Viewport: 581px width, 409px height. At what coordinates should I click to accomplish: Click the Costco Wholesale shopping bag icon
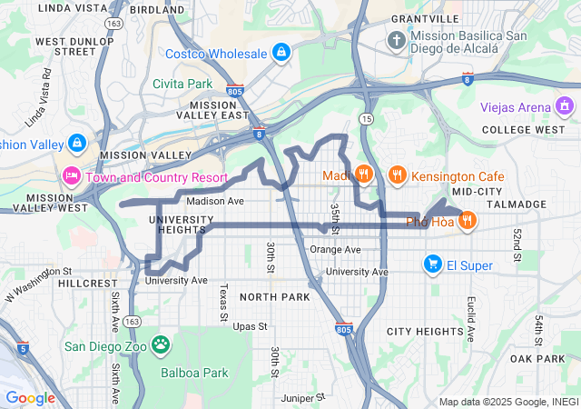[281, 53]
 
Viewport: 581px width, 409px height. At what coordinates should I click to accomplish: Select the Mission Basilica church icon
[397, 41]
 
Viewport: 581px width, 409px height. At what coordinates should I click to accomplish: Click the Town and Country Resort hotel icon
[71, 175]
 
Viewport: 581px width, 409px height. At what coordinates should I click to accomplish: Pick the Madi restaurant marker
[363, 174]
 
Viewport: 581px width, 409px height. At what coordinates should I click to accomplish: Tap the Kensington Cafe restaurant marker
[397, 174]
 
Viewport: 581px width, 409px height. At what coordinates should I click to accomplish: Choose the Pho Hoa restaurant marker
[468, 220]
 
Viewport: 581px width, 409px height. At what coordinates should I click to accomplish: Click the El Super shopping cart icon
[432, 264]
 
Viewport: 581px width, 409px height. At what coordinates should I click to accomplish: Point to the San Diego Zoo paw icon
[161, 344]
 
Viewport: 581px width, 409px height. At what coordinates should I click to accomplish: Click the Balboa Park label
[194, 373]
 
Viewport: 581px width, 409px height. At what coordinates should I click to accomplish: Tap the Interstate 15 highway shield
[366, 119]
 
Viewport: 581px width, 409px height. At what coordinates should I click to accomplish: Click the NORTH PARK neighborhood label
[275, 297]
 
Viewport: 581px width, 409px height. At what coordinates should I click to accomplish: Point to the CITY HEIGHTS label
[425, 332]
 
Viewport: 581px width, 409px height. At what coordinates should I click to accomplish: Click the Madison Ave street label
[215, 201]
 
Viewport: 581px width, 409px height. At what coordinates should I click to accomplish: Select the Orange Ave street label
[335, 250]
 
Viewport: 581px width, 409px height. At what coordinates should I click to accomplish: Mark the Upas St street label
[251, 325]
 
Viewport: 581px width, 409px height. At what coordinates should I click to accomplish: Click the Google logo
[30, 397]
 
